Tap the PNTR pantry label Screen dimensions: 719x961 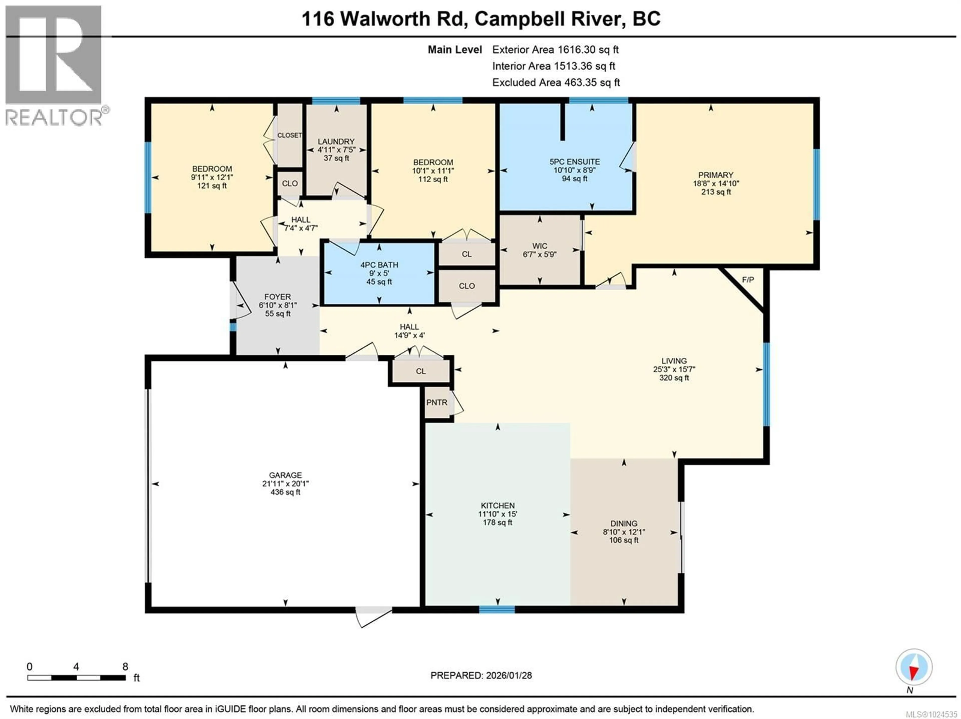coord(437,402)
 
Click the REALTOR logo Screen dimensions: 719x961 coord(54,65)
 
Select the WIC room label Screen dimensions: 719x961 coord(540,246)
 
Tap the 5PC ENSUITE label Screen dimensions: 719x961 coord(574,162)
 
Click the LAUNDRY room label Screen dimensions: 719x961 coord(336,142)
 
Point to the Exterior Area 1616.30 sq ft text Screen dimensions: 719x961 coord(555,50)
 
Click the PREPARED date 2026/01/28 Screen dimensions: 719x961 coord(481,675)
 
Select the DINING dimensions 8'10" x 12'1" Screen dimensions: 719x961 coord(624,532)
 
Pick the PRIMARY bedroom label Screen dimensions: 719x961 coord(715,175)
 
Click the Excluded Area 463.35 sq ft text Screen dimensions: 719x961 coord(556,83)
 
